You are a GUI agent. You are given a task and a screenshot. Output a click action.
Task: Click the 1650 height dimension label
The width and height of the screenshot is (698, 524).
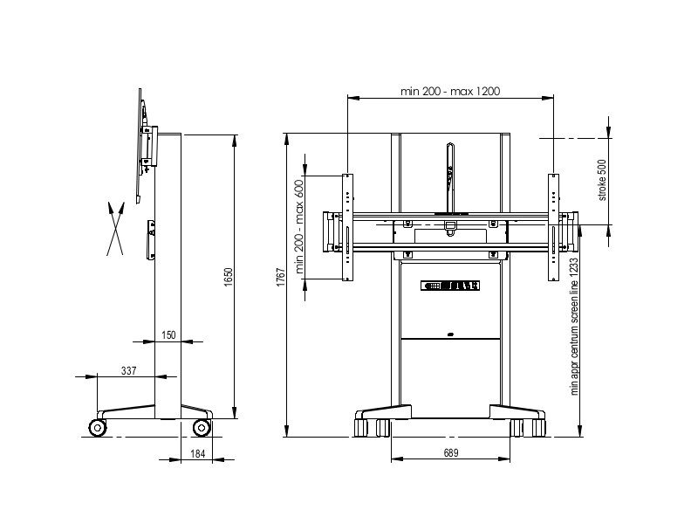pos(229,277)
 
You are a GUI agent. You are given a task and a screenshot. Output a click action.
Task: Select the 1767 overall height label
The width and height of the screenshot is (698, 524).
pos(281,277)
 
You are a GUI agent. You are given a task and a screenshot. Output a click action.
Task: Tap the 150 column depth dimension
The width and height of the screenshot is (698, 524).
pos(168,334)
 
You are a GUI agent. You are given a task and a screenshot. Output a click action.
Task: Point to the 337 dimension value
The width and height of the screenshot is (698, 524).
pos(128,370)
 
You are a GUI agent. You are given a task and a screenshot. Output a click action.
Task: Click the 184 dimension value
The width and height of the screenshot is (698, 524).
pos(198,453)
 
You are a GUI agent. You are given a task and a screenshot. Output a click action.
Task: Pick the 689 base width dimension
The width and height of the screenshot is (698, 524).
pos(451,452)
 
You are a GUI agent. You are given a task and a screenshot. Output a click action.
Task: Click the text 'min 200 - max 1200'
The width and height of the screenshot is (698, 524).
pos(450,92)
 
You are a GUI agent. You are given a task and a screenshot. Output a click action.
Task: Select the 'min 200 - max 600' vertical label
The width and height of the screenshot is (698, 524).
pos(299,226)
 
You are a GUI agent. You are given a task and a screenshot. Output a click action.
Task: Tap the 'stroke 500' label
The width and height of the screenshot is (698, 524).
pos(602,180)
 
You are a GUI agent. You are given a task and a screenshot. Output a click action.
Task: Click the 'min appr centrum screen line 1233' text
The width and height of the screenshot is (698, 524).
pos(574,327)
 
